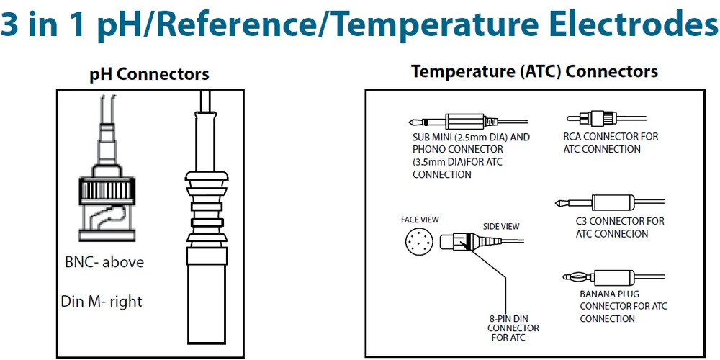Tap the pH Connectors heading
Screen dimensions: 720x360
[x=149, y=73]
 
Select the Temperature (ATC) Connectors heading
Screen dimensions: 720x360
[x=534, y=72]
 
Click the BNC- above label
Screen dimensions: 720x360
[x=104, y=262]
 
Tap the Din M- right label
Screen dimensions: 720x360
[x=102, y=301]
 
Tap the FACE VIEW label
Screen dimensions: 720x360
[x=420, y=220]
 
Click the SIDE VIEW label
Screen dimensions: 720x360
[x=500, y=226]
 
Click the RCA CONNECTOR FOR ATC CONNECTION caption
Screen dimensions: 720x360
[x=611, y=143]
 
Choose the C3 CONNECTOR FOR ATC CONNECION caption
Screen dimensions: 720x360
[x=620, y=228]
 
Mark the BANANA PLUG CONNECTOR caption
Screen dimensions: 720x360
[x=623, y=306]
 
